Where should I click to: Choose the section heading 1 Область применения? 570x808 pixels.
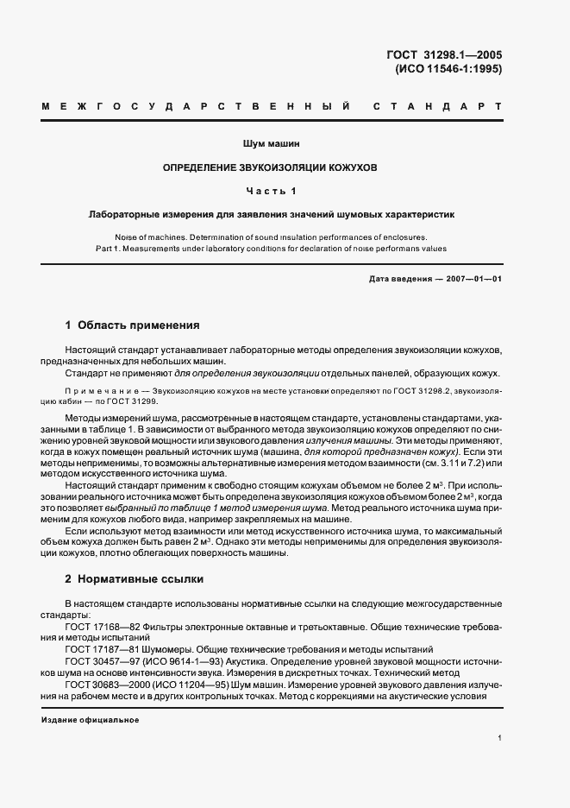click(133, 325)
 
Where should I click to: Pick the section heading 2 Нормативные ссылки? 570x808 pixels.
click(135, 579)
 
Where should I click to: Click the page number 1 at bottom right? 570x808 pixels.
click(499, 737)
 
